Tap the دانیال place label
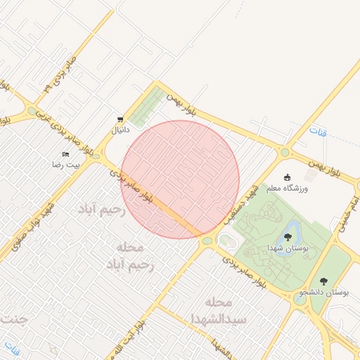tap(116, 130)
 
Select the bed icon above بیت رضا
tap(66, 154)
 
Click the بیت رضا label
tap(66, 165)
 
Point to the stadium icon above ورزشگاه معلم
tap(287, 177)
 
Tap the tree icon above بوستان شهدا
tap(287, 237)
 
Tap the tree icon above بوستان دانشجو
tap(324, 280)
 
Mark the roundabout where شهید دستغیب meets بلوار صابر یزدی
tap(207, 241)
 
